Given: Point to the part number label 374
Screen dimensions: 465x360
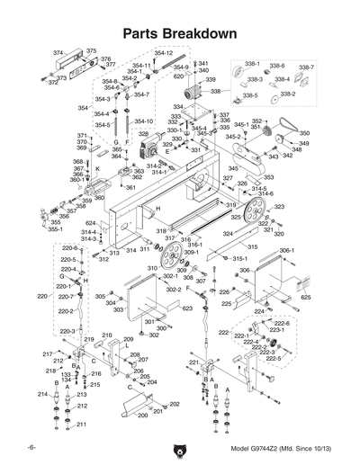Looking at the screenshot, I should click(58, 54).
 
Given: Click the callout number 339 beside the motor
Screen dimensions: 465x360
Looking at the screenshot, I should click(211, 80).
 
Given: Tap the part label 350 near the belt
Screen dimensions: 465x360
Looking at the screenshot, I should click(304, 132).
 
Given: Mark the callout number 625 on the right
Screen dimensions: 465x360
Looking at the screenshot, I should click(306, 296).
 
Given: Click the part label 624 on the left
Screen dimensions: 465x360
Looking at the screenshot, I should click(91, 222).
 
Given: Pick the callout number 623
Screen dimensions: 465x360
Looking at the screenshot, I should click(187, 308).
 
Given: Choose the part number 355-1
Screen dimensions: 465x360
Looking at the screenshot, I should click(55, 229).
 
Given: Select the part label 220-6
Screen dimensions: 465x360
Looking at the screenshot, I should click(70, 247).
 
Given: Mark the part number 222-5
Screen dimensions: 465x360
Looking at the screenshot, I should click(273, 358).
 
